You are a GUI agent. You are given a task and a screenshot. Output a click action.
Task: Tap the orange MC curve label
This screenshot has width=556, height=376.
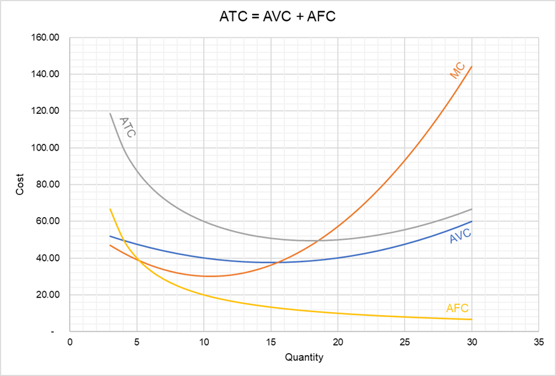pyautogui.click(x=457, y=70)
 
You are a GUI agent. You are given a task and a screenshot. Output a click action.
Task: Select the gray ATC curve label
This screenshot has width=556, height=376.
pyautogui.click(x=128, y=126)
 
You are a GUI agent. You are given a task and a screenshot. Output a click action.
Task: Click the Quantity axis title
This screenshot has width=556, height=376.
pyautogui.click(x=304, y=358)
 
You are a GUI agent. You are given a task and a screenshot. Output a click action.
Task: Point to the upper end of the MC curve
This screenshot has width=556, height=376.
pyautogui.click(x=472, y=66)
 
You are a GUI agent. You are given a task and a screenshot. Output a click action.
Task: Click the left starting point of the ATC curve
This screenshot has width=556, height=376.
pyautogui.click(x=110, y=113)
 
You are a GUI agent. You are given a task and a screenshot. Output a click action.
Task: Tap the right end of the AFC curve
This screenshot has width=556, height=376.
pyautogui.click(x=472, y=319)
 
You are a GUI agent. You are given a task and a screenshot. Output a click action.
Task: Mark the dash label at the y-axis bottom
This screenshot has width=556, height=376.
pyautogui.click(x=53, y=331)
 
